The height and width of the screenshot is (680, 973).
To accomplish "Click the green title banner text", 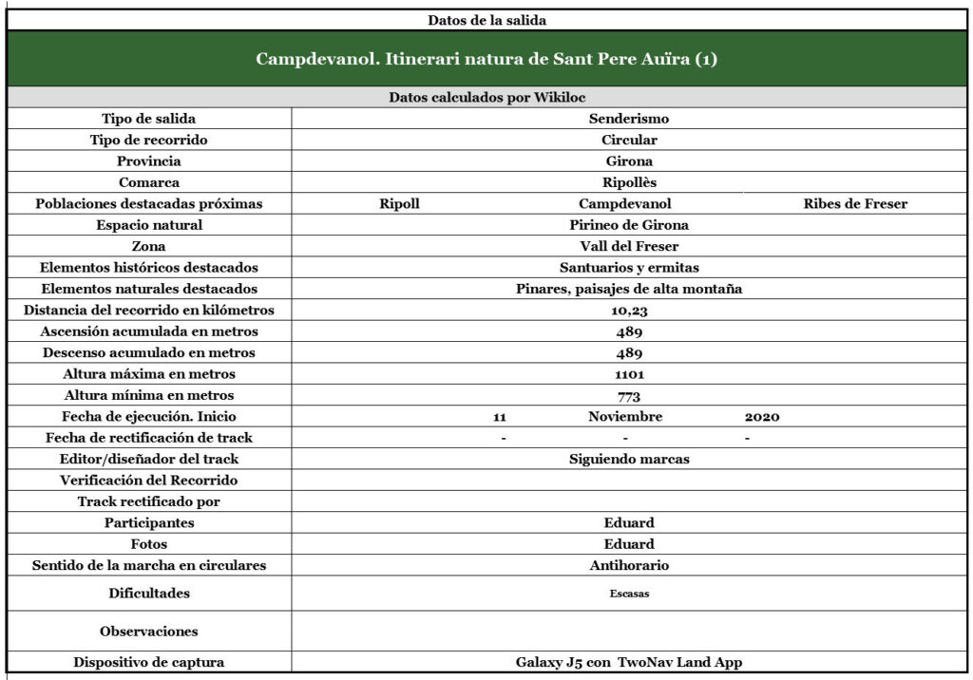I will (486, 59).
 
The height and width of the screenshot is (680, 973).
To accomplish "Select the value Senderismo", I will (629, 119).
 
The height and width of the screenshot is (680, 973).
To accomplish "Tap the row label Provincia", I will (149, 161).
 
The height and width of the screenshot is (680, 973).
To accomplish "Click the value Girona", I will (629, 161).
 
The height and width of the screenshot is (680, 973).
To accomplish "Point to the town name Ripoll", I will (399, 203).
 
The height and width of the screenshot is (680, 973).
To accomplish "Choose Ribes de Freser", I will (855, 203).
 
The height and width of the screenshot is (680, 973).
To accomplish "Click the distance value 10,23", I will (629, 311).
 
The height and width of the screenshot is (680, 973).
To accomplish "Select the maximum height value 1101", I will (629, 374).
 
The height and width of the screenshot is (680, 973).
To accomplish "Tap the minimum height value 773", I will (629, 396).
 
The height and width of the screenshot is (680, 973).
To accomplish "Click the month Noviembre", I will (625, 417).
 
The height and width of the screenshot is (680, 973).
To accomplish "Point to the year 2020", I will (762, 417).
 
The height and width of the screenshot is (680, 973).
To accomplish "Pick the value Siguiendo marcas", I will (629, 459).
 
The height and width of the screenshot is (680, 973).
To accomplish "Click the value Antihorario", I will (629, 565).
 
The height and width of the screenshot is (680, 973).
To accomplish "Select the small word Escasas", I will (629, 594).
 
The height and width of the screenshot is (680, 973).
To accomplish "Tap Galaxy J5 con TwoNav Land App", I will (629, 663).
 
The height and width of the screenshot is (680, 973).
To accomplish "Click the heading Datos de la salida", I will (486, 19).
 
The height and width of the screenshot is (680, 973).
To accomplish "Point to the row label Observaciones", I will (149, 631).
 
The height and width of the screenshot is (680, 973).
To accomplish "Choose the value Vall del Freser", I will (629, 246).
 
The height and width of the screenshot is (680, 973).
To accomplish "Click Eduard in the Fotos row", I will (629, 544).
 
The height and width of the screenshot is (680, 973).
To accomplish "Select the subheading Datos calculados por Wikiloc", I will (486, 97).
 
